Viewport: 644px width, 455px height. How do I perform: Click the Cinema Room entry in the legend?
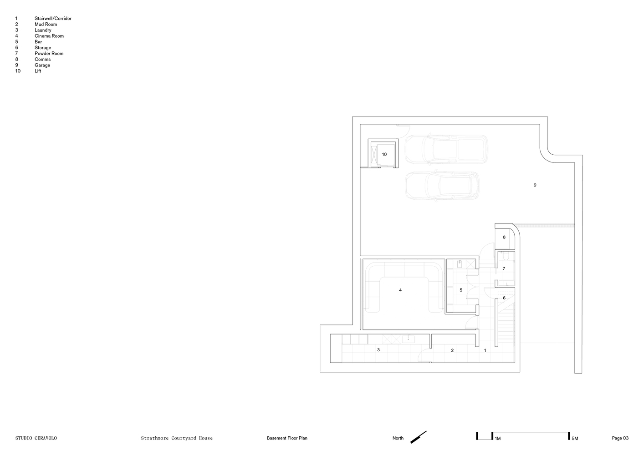49,36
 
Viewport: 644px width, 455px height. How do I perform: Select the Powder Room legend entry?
49,53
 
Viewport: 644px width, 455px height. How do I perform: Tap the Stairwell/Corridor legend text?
53,18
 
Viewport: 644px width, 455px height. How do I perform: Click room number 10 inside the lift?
384,154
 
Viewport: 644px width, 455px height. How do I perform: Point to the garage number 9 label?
535,185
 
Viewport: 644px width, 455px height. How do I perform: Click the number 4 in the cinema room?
400,290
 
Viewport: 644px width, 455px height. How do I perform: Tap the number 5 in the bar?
461,290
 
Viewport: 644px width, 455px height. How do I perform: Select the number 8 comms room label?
504,237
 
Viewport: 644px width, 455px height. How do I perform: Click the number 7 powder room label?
504,268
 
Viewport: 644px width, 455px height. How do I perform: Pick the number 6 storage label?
504,298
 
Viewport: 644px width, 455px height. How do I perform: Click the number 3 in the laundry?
378,350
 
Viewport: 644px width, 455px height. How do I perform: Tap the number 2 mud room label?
452,350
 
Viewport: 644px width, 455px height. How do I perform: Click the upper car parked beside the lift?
446,150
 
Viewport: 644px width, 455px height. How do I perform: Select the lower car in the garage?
442,186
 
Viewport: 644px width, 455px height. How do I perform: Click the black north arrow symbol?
418,437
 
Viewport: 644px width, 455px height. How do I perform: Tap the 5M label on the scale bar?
575,439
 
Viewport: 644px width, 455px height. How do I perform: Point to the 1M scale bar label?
498,439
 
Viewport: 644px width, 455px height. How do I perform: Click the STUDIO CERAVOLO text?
36,438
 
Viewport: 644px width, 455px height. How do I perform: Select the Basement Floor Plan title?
287,438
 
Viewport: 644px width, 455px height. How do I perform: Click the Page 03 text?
620,438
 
